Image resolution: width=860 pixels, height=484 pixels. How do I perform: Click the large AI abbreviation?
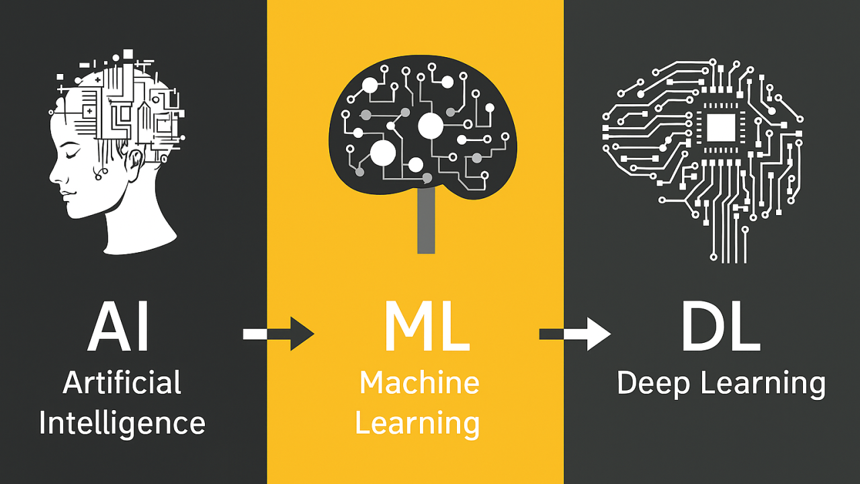[x=118, y=327]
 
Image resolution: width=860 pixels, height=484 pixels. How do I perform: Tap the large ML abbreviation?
[x=427, y=327]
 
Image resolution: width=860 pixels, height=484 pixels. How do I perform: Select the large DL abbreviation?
[x=721, y=327]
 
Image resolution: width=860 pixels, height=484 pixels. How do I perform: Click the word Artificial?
[x=122, y=382]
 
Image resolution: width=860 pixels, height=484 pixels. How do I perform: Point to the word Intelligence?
[x=122, y=423]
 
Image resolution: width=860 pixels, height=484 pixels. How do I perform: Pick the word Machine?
[x=419, y=382]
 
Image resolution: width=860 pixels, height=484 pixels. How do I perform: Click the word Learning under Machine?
[x=417, y=424]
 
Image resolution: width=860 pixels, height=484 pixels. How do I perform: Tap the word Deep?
[x=654, y=384]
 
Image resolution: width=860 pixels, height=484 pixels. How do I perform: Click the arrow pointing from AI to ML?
[x=279, y=334]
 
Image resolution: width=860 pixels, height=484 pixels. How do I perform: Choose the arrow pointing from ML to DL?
[x=575, y=334]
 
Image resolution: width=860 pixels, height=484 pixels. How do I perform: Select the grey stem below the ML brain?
[x=426, y=220]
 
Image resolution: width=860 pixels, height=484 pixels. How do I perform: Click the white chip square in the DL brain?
[x=721, y=128]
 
